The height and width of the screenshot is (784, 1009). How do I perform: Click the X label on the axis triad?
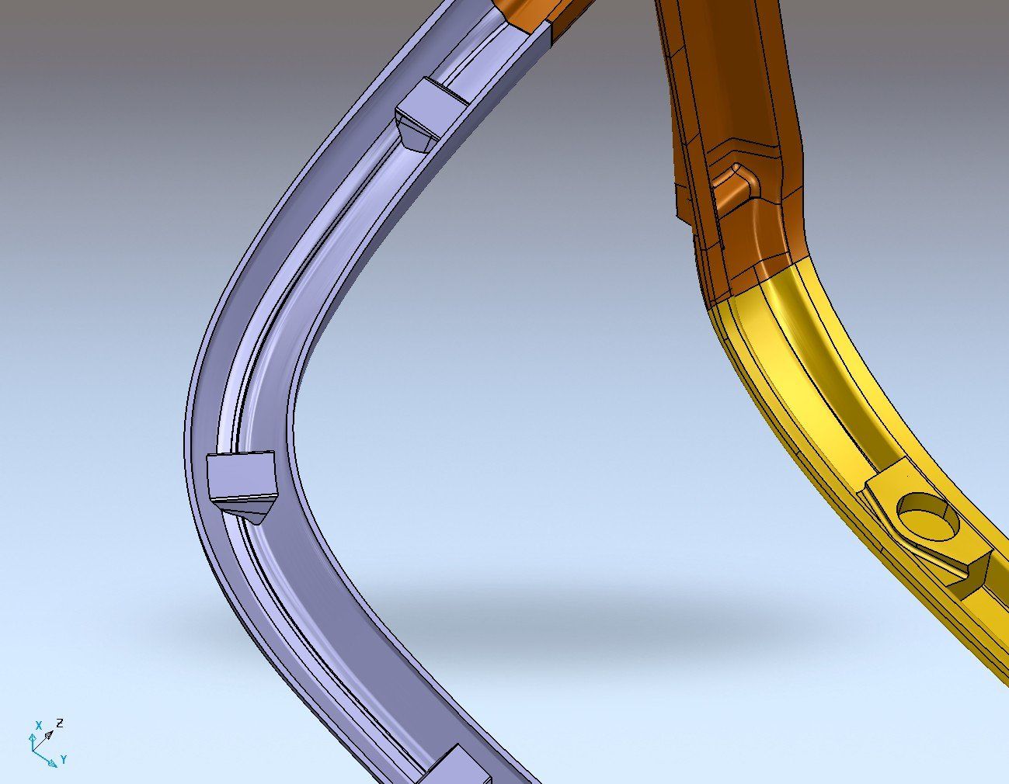coord(39,725)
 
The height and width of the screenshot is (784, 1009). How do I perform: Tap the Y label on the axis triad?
coord(64,759)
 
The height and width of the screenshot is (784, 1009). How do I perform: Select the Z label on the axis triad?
coord(60,723)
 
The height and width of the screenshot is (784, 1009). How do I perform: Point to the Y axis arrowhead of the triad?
coord(53,762)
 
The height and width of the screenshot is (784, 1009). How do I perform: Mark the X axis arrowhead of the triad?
coord(33,737)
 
